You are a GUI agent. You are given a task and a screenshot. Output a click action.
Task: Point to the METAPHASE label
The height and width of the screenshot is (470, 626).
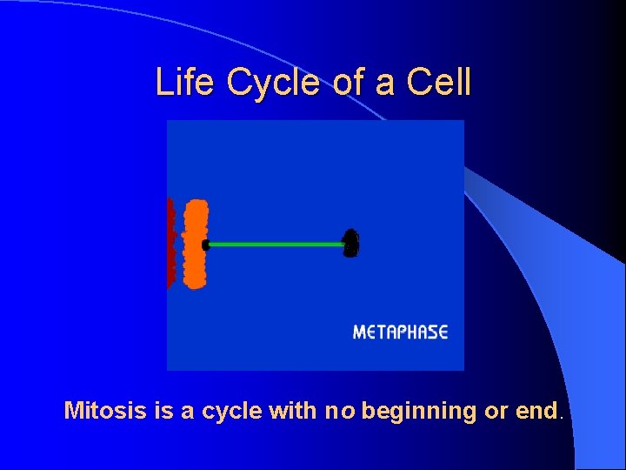coord(400,332)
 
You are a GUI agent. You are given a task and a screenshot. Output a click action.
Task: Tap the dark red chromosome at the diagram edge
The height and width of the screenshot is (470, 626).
coord(170,244)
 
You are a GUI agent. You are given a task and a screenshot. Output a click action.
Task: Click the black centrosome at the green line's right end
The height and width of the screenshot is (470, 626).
coord(350,245)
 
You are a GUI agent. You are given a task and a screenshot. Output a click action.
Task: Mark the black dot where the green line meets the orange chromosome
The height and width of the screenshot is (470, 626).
coord(206,245)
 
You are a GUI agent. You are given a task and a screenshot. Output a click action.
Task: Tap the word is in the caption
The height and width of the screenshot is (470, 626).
coord(163,410)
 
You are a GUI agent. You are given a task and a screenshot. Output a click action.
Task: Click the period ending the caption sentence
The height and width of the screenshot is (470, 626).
coord(561,417)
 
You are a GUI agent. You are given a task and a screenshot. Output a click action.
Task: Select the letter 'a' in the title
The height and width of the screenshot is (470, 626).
coord(385,84)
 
